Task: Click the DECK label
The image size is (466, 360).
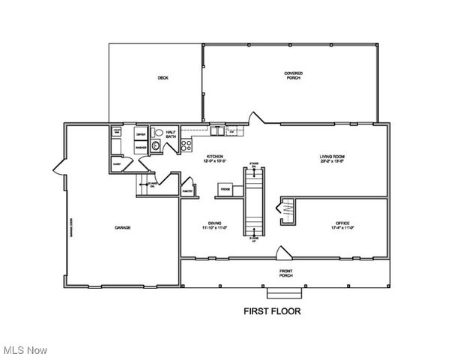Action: click(x=163, y=78)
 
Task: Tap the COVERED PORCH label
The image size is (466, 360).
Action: click(x=293, y=75)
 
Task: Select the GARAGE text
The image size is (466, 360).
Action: click(x=123, y=227)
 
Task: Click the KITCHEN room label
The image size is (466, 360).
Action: click(x=214, y=158)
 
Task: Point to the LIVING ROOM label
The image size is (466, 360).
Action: click(x=332, y=158)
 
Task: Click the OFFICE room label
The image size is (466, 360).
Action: click(x=342, y=225)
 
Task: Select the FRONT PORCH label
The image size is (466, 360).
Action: click(x=285, y=273)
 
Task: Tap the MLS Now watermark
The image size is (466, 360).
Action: click(x=25, y=350)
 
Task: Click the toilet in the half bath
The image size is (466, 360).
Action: click(x=157, y=133)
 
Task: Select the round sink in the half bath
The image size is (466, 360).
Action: click(x=156, y=146)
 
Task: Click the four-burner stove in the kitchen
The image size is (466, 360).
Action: click(x=187, y=145)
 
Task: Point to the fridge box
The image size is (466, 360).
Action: click(x=225, y=190)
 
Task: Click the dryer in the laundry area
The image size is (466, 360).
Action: click(x=141, y=134)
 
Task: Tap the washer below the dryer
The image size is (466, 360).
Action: click(x=141, y=147)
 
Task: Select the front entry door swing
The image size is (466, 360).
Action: click(x=283, y=253)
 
